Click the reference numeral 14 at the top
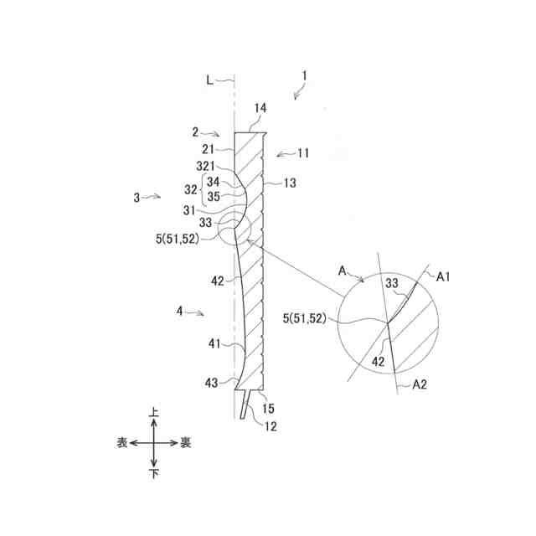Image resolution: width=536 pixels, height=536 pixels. point(260,108)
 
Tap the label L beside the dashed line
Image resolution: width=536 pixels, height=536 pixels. point(210,80)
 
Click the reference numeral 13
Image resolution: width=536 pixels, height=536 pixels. point(290,182)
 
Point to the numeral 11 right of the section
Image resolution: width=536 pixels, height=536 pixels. point(302,153)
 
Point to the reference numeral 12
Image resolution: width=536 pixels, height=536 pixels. point(268,426)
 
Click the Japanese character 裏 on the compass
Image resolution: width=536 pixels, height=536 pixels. point(185,443)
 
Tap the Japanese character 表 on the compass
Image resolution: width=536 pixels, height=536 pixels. point(122,443)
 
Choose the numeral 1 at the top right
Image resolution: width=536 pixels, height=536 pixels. point(305,75)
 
